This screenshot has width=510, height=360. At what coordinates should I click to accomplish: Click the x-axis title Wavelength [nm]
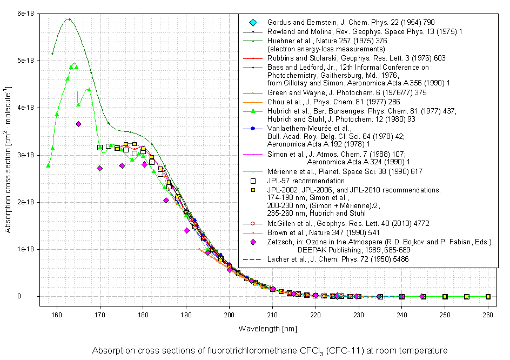coord(264,329)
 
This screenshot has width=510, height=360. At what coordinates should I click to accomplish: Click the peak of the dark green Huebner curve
coord(69,19)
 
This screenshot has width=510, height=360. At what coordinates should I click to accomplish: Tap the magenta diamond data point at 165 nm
coord(78,124)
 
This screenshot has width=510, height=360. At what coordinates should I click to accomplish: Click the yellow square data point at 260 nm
coord(488,297)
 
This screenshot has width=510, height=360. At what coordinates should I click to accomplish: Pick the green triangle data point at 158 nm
coord(49,165)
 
